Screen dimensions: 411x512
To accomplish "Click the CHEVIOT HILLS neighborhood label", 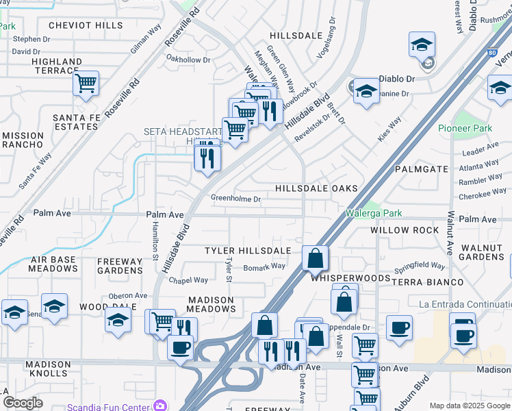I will pyautogui.click(x=86, y=25).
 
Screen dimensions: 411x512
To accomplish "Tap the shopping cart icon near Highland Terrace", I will pyautogui.click(x=86, y=84).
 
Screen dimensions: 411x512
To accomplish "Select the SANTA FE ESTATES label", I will pyautogui.click(x=75, y=122).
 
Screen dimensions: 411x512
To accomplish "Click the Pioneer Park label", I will pyautogui.click(x=465, y=128).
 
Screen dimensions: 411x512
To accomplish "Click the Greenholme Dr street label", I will pyautogui.click(x=235, y=199).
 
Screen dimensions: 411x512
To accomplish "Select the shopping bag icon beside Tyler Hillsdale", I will pyautogui.click(x=315, y=259).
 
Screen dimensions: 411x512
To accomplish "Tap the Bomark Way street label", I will pyautogui.click(x=264, y=266).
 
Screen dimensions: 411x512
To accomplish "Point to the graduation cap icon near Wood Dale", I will pyautogui.click(x=118, y=320).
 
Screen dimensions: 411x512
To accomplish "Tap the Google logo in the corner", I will pyautogui.click(x=23, y=403).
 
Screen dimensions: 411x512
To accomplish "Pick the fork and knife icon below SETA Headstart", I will pyautogui.click(x=207, y=159).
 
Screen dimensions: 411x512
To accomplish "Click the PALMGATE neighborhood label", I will pyautogui.click(x=421, y=169).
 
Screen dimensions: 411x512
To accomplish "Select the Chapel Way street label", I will pyautogui.click(x=188, y=279).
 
